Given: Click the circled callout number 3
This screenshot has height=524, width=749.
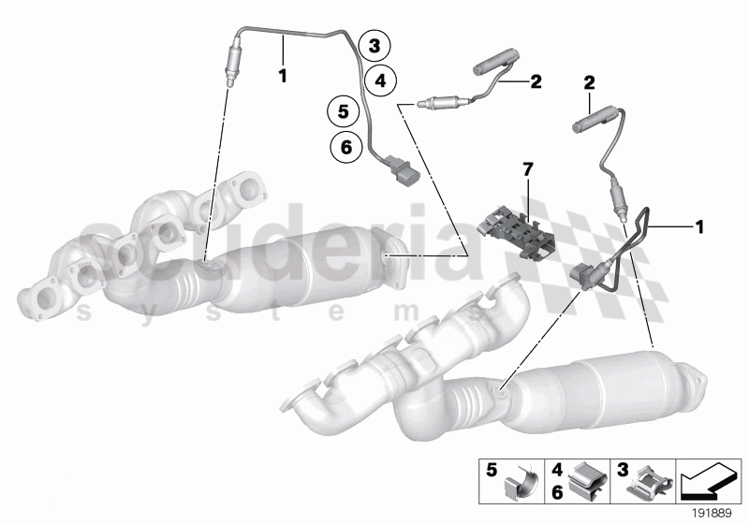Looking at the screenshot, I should (x=374, y=45).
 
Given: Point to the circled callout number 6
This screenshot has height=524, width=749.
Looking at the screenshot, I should (x=345, y=146).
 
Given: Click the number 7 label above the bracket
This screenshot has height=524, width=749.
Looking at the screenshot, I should (x=527, y=168).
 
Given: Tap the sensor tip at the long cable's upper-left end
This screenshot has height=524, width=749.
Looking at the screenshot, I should (x=228, y=71).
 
